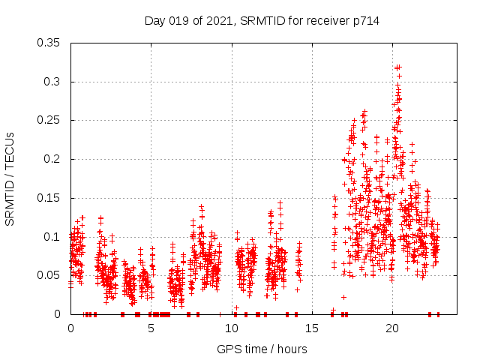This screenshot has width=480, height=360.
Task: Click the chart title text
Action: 262,21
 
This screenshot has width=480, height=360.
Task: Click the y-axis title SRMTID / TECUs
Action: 10,178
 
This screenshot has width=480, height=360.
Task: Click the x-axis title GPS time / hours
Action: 262,349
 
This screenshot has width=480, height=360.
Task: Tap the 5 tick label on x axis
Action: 151,328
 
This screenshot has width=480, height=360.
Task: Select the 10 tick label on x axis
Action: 232,328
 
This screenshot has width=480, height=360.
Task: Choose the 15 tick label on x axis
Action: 312,328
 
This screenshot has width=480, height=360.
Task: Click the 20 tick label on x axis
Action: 392,328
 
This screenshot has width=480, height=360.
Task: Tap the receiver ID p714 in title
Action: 366,21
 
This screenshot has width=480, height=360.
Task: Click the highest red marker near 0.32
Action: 399,67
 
